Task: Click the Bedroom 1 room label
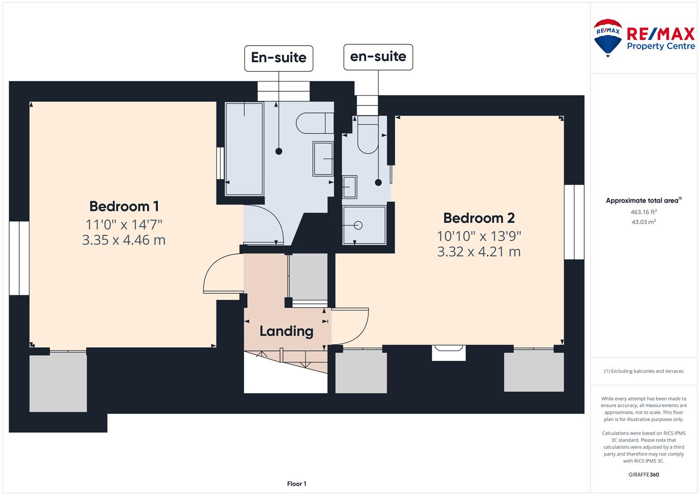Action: pyautogui.click(x=124, y=206)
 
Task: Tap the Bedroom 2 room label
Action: pyautogui.click(x=479, y=218)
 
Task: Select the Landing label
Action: pyautogui.click(x=286, y=331)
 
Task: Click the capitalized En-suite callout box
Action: pyautogui.click(x=279, y=59)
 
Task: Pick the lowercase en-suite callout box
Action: pyautogui.click(x=378, y=57)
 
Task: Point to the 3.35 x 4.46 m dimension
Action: pyautogui.click(x=124, y=240)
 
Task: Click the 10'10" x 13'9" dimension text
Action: pyautogui.click(x=479, y=236)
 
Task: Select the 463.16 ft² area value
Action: pyautogui.click(x=644, y=212)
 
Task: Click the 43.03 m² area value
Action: pyautogui.click(x=644, y=222)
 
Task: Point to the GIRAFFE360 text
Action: pyautogui.click(x=644, y=474)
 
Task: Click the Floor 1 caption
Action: pyautogui.click(x=297, y=484)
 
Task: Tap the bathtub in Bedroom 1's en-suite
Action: pyautogui.click(x=244, y=149)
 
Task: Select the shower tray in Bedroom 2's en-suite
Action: pyautogui.click(x=364, y=225)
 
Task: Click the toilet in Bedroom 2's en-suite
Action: pyautogui.click(x=368, y=134)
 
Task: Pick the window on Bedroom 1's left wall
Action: pyautogui.click(x=19, y=258)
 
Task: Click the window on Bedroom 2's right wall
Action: pyautogui.click(x=574, y=222)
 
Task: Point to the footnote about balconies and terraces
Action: pyautogui.click(x=644, y=371)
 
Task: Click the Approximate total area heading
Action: pyautogui.click(x=644, y=200)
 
